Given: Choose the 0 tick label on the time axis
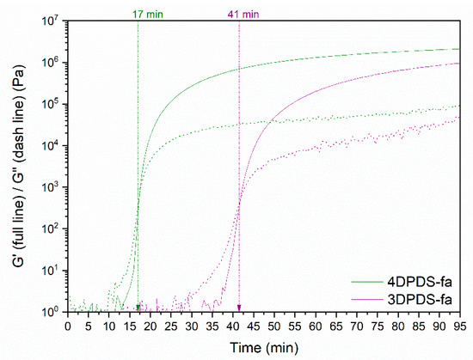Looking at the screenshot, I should click(x=68, y=326).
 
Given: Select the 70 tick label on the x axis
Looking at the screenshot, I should click(x=356, y=326).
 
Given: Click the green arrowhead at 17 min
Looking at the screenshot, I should click(x=138, y=308).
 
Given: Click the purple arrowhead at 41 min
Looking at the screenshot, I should click(x=239, y=308).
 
